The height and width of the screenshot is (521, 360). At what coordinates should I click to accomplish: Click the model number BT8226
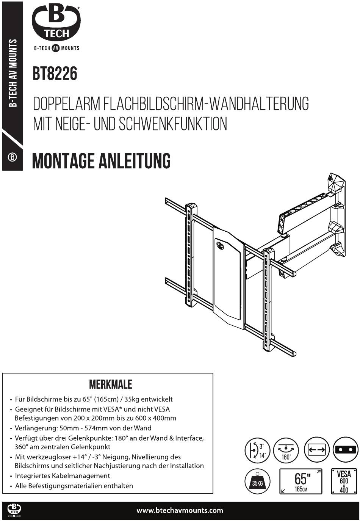tap(55, 74)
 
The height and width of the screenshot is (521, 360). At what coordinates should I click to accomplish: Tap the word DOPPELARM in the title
tap(66, 104)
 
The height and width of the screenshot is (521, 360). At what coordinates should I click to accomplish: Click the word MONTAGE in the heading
tap(64, 160)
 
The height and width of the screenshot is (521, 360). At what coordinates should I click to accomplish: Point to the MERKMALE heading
tap(110, 384)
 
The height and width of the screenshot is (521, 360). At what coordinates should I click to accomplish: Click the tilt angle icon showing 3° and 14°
tap(257, 450)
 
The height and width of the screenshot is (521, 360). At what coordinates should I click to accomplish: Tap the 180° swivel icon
tap(286, 450)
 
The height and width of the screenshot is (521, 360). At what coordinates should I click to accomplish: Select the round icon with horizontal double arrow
tap(316, 450)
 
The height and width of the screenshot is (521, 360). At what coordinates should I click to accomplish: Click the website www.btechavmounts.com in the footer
tap(180, 510)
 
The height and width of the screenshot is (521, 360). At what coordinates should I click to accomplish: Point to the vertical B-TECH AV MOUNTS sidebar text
tap(13, 74)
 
